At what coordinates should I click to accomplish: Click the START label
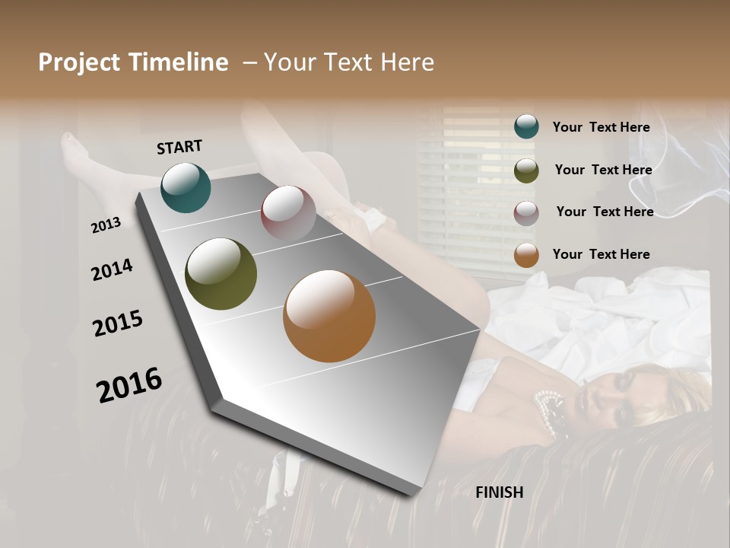click(x=179, y=146)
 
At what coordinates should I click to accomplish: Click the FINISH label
click(x=500, y=492)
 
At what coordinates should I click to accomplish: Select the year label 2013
click(x=106, y=225)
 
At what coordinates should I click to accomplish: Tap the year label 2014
click(x=112, y=269)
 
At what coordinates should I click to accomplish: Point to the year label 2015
click(x=118, y=323)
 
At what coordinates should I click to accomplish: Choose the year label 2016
click(x=129, y=385)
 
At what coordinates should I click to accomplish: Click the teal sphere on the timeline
click(x=186, y=187)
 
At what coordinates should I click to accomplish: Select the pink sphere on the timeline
click(x=288, y=212)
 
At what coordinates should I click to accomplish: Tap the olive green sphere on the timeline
click(x=221, y=274)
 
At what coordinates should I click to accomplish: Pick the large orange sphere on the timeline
click(x=329, y=316)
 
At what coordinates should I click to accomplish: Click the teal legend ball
click(x=526, y=126)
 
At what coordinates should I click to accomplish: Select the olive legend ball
click(x=526, y=170)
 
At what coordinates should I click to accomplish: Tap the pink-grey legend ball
click(x=526, y=212)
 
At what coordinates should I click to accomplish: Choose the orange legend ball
click(x=526, y=255)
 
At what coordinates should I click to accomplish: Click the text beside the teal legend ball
click(x=601, y=127)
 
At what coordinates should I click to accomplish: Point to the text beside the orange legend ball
click(x=601, y=254)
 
